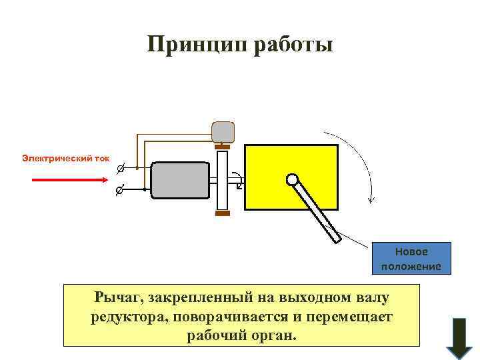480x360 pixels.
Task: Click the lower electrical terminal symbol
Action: click(x=119, y=191)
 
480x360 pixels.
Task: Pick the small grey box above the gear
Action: click(x=223, y=132)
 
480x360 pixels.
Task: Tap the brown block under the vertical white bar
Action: click(x=223, y=213)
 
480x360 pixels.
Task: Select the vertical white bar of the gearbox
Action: click(x=223, y=180)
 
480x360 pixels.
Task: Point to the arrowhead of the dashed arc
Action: click(x=372, y=199)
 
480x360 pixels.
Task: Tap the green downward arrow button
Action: click(x=458, y=337)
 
